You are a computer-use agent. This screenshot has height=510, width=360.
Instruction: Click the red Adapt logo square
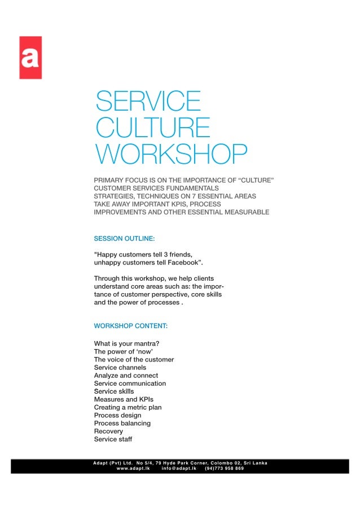[x=30, y=57]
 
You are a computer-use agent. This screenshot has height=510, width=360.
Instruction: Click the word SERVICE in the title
[x=147, y=102]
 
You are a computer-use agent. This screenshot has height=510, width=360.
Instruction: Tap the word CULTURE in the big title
[x=152, y=127]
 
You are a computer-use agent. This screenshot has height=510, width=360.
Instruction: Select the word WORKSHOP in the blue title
[x=171, y=153]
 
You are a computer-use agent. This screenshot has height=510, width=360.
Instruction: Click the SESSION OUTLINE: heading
[x=124, y=239]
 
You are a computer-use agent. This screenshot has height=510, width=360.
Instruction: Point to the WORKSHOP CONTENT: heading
[x=130, y=326]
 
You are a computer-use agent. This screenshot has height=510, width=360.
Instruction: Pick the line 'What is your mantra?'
[x=126, y=343]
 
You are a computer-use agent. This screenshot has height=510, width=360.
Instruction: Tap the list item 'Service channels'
[x=120, y=367]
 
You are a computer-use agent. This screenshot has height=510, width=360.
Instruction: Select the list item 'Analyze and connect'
[x=126, y=375]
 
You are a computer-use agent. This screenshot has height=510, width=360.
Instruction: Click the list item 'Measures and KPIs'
[x=124, y=399]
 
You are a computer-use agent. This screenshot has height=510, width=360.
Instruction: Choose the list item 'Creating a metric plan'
[x=128, y=407]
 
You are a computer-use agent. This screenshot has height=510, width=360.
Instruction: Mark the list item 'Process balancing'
[x=122, y=423]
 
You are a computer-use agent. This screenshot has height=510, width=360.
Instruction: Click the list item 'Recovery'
[x=108, y=431]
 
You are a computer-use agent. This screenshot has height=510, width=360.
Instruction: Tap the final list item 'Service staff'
[x=113, y=439]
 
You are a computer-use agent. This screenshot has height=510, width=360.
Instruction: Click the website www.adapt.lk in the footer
[x=133, y=468]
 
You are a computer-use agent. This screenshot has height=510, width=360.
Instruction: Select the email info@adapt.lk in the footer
[x=178, y=468]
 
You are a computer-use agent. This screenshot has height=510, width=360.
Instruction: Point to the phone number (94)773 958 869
[x=225, y=468]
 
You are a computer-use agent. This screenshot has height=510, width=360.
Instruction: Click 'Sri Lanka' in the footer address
[x=253, y=463]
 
